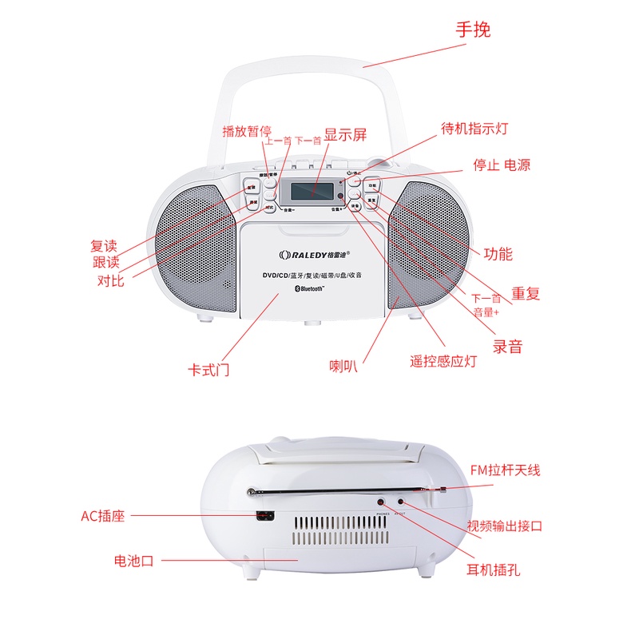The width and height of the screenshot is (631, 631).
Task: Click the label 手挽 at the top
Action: click(x=473, y=30)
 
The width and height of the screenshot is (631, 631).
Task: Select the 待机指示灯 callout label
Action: click(x=474, y=128)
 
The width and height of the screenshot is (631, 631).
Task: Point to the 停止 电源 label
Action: click(x=501, y=165)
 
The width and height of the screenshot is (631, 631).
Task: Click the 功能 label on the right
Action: click(x=498, y=254)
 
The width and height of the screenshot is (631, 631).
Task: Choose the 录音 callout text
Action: click(x=507, y=346)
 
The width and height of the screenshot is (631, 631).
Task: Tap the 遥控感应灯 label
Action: click(x=443, y=361)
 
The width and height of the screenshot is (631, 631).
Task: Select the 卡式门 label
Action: click(x=208, y=370)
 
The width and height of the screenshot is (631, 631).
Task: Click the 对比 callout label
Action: click(x=110, y=280)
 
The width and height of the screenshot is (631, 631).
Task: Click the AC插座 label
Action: click(x=105, y=516)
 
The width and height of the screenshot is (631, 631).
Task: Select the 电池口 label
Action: click(x=133, y=561)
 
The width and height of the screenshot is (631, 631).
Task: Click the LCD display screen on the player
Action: click(x=312, y=192)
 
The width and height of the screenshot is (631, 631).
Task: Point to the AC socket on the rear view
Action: click(x=264, y=517)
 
